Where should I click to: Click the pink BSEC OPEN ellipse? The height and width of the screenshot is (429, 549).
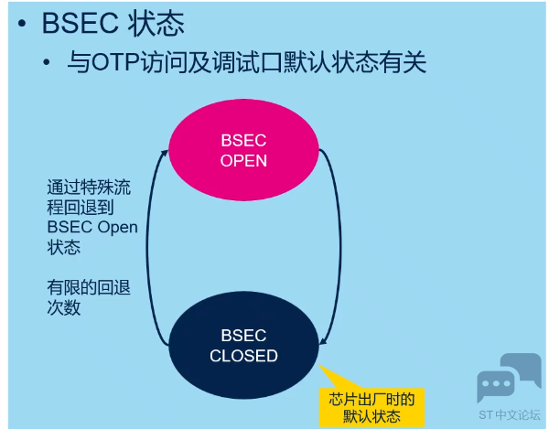(243, 150)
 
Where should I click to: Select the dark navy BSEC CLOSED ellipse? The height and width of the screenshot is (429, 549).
(243, 345)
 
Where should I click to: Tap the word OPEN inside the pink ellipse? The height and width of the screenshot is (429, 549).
(243, 161)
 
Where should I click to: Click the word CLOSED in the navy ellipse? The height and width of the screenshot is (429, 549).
(243, 356)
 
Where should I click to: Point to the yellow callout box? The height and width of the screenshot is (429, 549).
(371, 407)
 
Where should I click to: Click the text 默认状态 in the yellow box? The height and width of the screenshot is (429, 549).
(371, 416)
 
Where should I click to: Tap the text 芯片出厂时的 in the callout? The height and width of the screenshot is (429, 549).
(371, 399)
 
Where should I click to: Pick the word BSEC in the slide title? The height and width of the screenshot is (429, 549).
(80, 24)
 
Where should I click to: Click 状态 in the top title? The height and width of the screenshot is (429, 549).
(156, 24)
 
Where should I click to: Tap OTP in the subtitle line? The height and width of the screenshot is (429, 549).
(115, 62)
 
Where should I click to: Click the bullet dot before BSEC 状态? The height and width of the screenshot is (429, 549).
(22, 24)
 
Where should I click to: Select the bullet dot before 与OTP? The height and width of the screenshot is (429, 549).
(47, 62)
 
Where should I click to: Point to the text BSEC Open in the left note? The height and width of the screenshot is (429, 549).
(92, 228)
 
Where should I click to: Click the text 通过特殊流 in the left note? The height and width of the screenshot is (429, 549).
(89, 188)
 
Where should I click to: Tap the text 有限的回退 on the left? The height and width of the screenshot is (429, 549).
(89, 287)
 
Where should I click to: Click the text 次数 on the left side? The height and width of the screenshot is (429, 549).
(64, 307)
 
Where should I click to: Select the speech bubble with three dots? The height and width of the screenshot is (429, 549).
(496, 384)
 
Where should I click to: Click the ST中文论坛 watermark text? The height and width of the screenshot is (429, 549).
(510, 415)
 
